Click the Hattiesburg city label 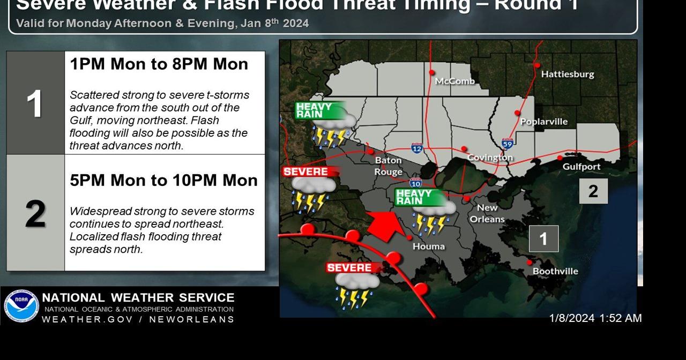568,74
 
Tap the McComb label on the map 455,81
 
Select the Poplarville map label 543,122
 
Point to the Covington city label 490,157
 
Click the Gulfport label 581,167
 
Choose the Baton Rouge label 389,166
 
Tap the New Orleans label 487,213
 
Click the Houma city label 429,246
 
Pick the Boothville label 555,271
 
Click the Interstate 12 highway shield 417,148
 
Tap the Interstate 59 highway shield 508,144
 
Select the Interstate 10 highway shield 415,183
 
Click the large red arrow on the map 386,225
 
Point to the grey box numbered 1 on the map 543,239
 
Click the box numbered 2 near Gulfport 593,191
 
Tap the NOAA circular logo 21,306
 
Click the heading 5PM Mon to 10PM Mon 163,181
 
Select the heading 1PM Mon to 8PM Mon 159,64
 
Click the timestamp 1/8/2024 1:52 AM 595,318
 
